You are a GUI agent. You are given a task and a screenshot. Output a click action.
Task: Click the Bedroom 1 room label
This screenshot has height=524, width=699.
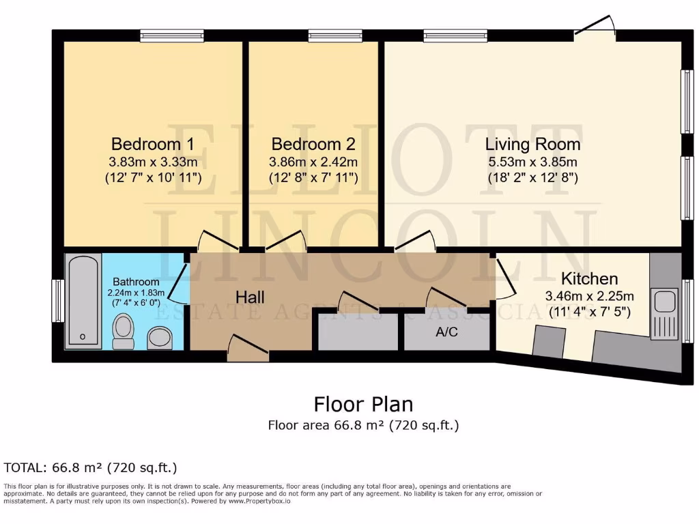(x=153, y=145)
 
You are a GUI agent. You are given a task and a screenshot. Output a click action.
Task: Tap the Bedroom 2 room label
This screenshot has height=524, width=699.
(x=313, y=145)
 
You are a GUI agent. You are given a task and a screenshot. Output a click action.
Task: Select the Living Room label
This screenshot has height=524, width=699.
(x=532, y=145)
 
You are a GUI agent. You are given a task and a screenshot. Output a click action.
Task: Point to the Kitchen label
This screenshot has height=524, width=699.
(x=589, y=279)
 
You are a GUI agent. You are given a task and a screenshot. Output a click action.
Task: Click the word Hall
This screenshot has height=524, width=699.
(x=250, y=297)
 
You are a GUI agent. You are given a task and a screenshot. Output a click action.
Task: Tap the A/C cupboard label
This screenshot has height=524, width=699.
(x=446, y=333)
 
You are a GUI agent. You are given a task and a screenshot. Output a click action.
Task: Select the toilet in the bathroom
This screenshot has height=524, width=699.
(x=123, y=332)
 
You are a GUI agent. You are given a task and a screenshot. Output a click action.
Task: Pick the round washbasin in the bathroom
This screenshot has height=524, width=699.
(x=160, y=337)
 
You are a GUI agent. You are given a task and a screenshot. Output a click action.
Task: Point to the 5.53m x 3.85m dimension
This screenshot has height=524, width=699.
(x=532, y=162)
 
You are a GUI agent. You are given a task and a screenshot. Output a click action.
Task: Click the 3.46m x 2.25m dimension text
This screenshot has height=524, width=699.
(x=589, y=297)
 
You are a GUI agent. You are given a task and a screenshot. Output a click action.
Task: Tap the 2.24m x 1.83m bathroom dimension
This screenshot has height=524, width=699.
(x=136, y=293)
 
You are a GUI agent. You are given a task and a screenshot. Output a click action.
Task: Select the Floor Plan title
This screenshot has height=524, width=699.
(x=363, y=404)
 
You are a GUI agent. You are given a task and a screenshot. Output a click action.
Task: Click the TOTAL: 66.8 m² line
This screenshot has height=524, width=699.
(x=91, y=467)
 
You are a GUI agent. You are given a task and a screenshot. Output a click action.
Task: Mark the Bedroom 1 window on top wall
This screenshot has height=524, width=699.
(x=172, y=35)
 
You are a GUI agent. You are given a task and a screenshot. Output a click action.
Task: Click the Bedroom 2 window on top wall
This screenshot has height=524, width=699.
(x=334, y=35)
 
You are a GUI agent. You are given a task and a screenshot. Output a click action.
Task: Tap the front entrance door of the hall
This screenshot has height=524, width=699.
(x=247, y=347)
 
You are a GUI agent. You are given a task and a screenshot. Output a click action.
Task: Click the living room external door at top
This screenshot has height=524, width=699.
(x=597, y=29)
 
